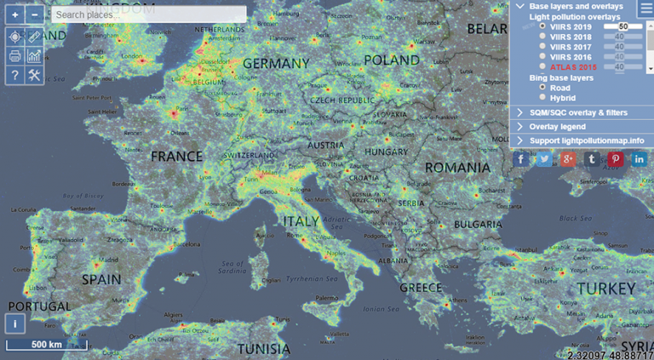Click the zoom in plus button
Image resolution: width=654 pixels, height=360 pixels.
15,14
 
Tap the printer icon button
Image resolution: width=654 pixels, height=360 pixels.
15,56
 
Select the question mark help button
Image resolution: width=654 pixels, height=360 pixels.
15,76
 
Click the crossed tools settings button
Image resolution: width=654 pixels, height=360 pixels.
35,76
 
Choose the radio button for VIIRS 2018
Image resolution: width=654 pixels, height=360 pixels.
542,37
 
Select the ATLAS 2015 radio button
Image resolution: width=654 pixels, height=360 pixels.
542,66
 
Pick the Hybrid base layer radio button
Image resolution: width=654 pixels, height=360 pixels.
542,97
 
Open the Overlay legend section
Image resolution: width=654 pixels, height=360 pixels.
557,126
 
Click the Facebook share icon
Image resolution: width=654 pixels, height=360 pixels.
521,159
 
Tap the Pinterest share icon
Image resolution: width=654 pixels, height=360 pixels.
615,159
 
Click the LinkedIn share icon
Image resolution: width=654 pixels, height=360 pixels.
639,159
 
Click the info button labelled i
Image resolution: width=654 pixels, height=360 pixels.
15,323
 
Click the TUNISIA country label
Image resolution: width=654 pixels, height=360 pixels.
264,349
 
